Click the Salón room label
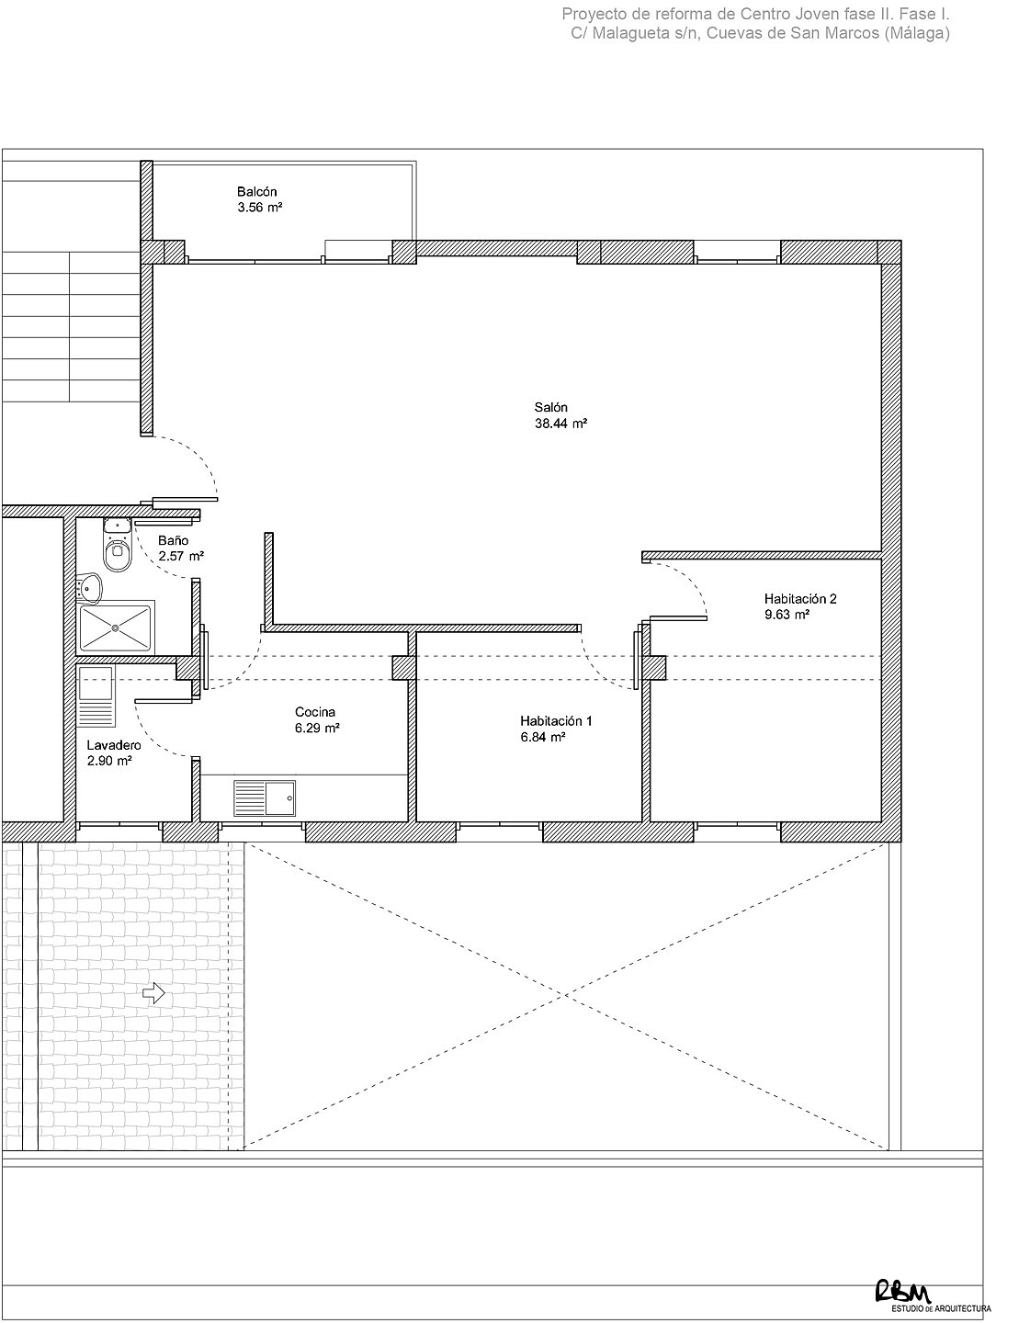(x=550, y=407)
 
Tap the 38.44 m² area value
(x=560, y=424)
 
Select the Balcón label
(x=257, y=191)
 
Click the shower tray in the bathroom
(x=115, y=627)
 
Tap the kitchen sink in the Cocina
(x=265, y=798)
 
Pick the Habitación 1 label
(x=556, y=721)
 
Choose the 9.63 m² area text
(x=787, y=615)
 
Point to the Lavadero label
(x=114, y=744)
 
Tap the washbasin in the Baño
(x=89, y=589)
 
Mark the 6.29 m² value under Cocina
(x=317, y=728)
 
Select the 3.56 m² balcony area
(x=260, y=207)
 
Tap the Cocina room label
(x=315, y=712)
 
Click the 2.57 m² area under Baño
(x=181, y=556)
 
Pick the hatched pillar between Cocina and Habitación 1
(x=403, y=668)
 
